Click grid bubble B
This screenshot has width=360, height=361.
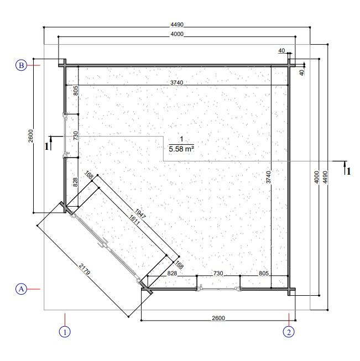pyautogui.click(x=21, y=65)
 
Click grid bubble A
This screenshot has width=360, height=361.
pyautogui.click(x=21, y=289)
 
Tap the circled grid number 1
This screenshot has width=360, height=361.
pyautogui.click(x=65, y=332)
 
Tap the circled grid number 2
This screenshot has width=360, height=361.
pyautogui.click(x=289, y=332)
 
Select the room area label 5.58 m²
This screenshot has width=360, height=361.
pyautogui.click(x=181, y=149)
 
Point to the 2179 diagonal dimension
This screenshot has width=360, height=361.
pyautogui.click(x=85, y=269)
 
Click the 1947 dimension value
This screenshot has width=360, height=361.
pyautogui.click(x=140, y=214)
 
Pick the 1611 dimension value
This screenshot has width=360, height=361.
pyautogui.click(x=134, y=220)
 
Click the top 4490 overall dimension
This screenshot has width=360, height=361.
pyautogui.click(x=177, y=24)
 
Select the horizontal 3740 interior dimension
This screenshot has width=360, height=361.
pyautogui.click(x=176, y=82)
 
